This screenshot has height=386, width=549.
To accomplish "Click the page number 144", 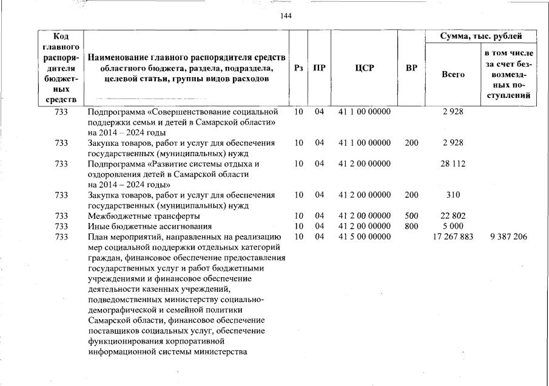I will point(286,16).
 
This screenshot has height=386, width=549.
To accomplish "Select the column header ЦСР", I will point(364,67).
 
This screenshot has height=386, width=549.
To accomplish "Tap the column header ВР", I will point(411,67).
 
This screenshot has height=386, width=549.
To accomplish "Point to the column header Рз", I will point(298,67).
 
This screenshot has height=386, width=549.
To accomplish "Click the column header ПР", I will point(318,67).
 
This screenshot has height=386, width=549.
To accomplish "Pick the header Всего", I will point(453,74).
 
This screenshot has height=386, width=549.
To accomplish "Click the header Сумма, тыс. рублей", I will point(480,37).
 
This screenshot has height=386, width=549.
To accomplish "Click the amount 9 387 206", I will point(508,236).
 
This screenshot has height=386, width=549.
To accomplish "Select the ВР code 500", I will point(411,216).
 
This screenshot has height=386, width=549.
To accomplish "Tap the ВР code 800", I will point(411,226).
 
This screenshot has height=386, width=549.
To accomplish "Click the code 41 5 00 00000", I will point(364,236).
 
